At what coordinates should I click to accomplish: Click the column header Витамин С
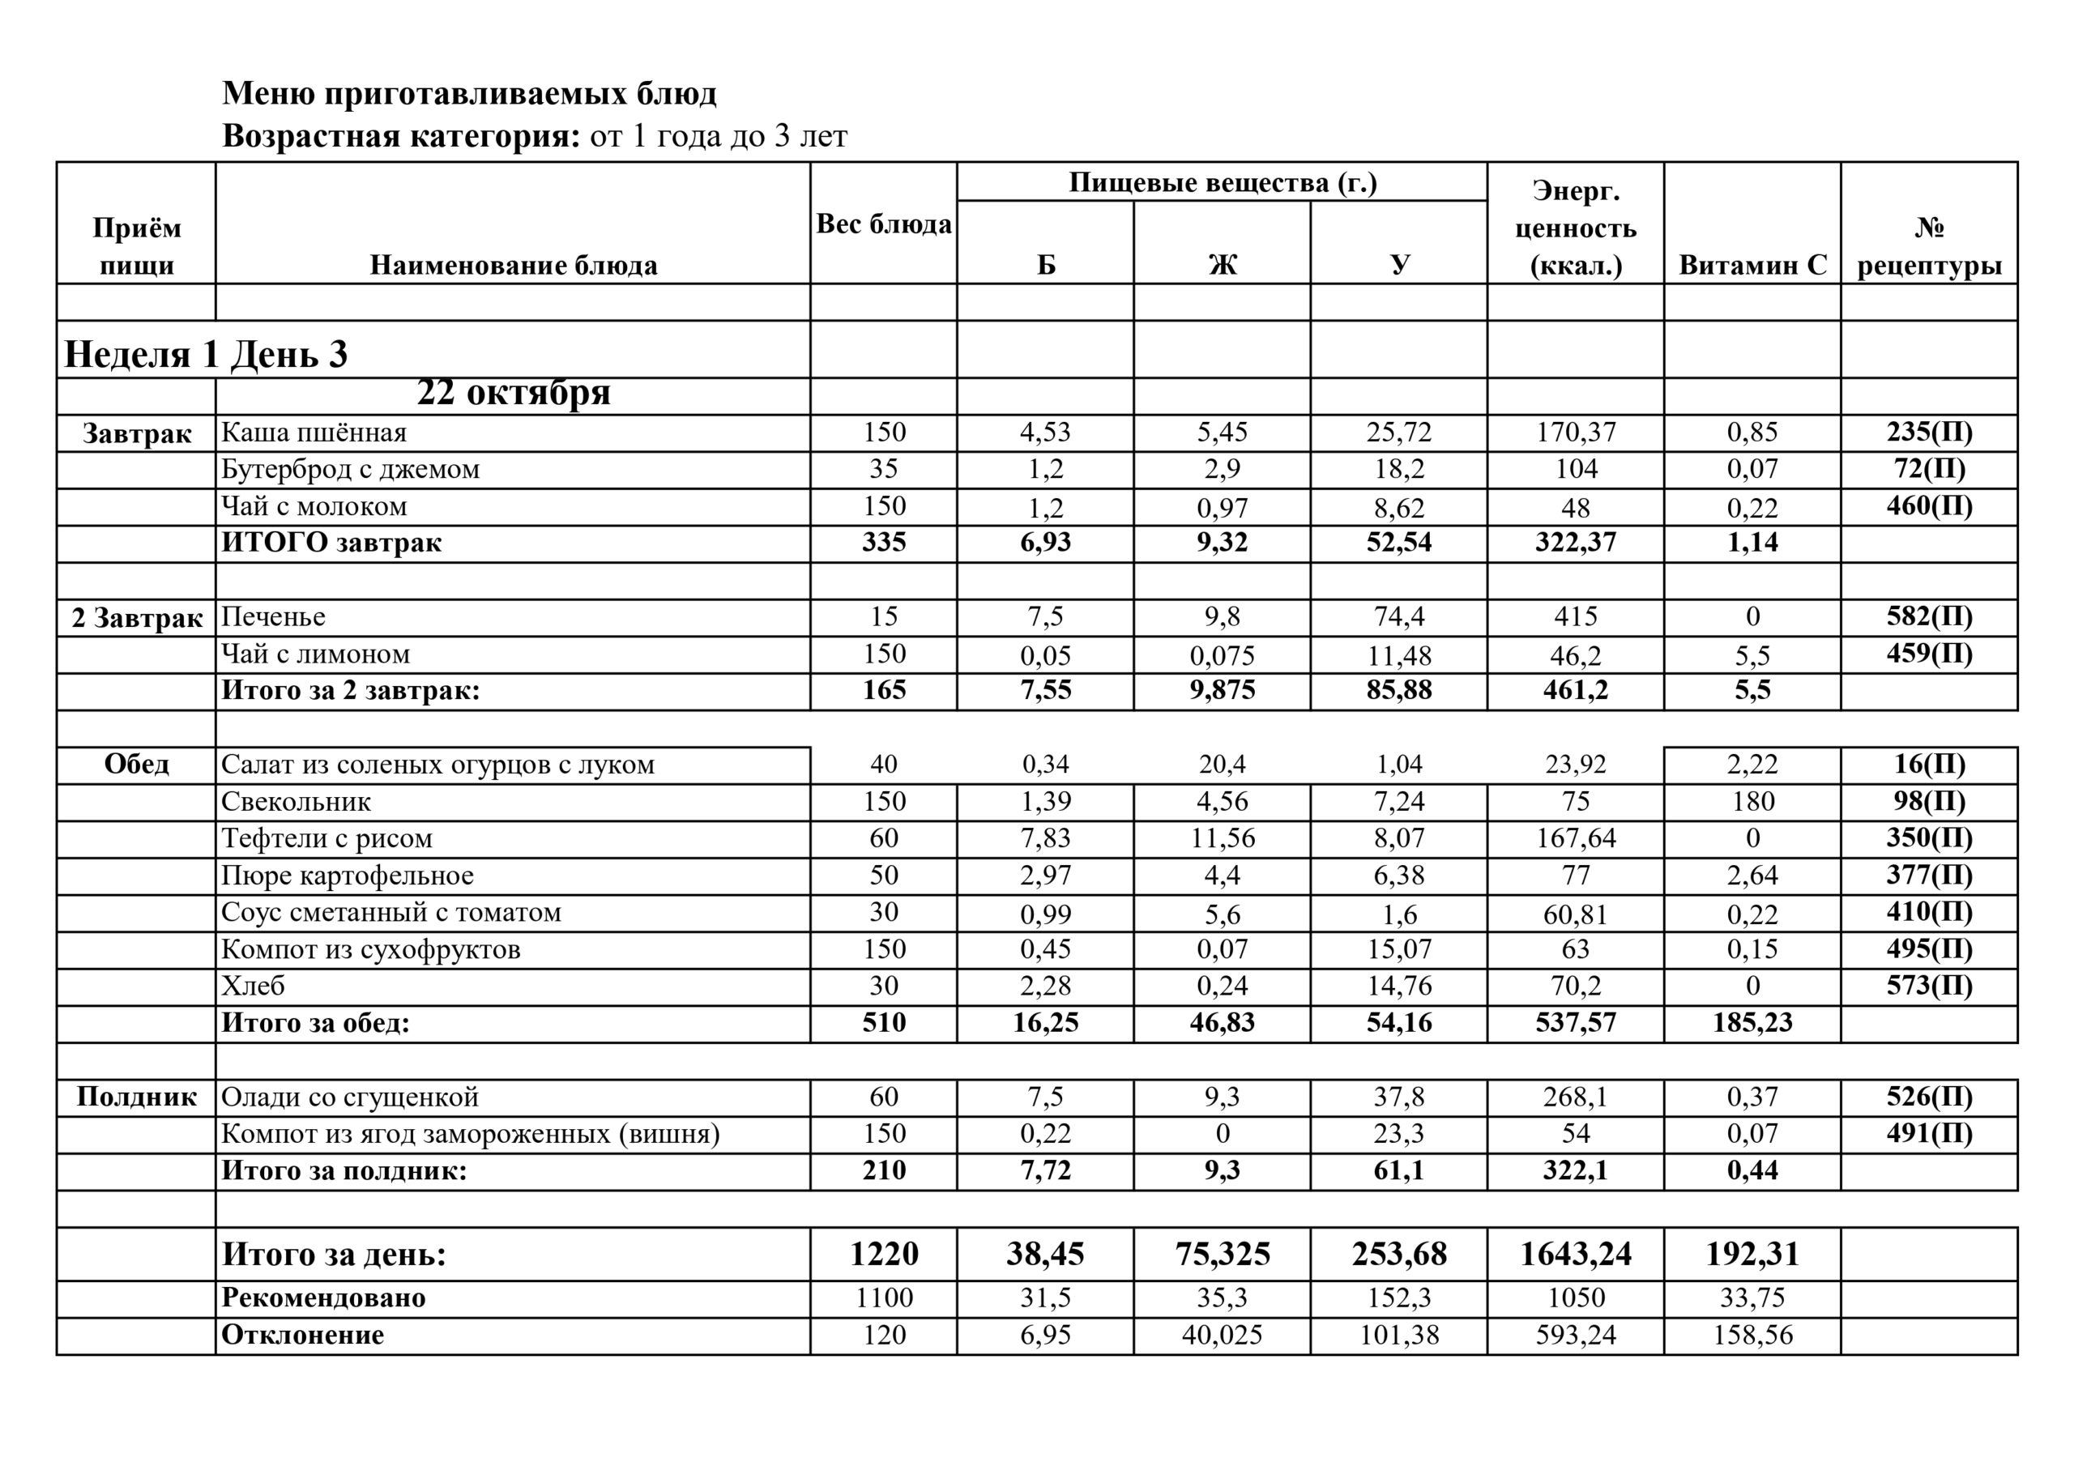click(x=1752, y=265)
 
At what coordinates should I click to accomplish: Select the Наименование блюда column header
click(x=513, y=265)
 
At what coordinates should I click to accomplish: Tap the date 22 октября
click(x=513, y=393)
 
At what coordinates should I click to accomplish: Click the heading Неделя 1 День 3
click(x=206, y=353)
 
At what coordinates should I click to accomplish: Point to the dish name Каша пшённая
click(x=314, y=433)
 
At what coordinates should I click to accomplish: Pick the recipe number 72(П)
click(x=1928, y=469)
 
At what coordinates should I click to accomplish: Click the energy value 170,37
click(x=1576, y=433)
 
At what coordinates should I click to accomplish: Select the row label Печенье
click(x=273, y=617)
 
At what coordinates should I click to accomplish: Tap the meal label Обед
click(x=136, y=764)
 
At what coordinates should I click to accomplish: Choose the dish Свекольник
click(x=296, y=801)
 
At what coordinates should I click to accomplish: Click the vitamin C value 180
click(x=1752, y=801)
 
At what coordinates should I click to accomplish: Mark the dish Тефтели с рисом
click(x=326, y=838)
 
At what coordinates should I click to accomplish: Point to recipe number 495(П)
click(x=1928, y=949)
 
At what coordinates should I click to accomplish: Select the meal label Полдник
click(x=136, y=1097)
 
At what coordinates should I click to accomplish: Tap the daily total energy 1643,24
click(x=1576, y=1254)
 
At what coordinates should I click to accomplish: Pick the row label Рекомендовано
click(x=322, y=1298)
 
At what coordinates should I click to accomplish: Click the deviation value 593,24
click(x=1576, y=1335)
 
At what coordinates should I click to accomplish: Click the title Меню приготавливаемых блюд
click(x=469, y=93)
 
